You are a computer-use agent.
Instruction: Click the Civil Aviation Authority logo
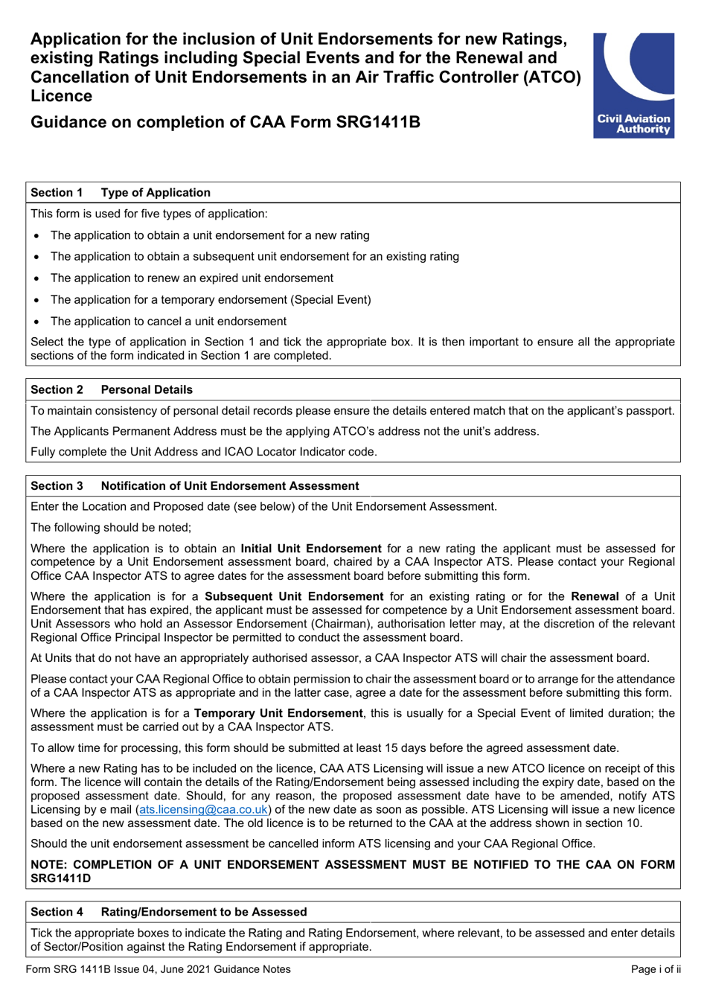point(633,85)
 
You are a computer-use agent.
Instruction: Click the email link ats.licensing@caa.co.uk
point(203,809)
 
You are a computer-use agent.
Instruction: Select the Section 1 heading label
point(57,193)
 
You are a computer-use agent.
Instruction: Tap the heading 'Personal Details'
point(147,389)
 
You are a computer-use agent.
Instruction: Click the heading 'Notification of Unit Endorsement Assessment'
point(230,486)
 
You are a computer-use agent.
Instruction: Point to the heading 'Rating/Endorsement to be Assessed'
point(204,912)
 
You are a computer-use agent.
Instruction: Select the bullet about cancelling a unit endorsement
point(168,322)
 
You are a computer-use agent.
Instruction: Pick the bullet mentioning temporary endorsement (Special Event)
point(211,300)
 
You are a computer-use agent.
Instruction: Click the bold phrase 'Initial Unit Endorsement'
point(310,549)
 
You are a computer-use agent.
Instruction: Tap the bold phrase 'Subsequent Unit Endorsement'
point(294,596)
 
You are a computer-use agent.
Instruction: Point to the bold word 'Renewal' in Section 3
point(595,596)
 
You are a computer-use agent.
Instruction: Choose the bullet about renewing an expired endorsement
point(192,278)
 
